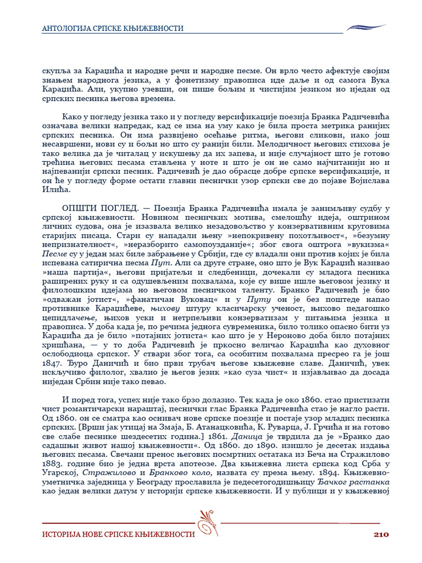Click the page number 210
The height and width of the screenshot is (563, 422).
381,534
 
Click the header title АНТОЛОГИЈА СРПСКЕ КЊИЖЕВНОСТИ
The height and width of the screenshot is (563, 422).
113,28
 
